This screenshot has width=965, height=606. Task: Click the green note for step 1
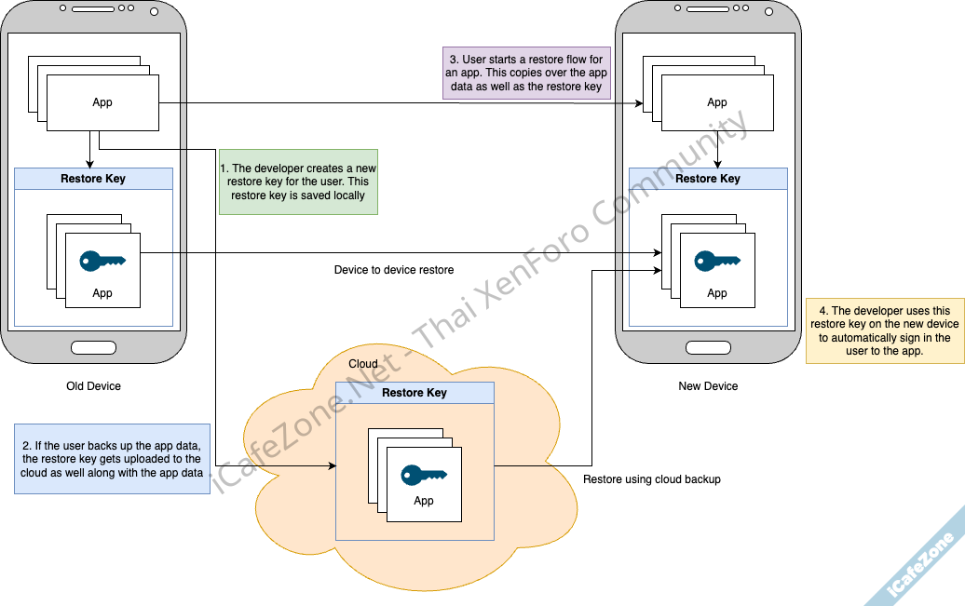tap(298, 182)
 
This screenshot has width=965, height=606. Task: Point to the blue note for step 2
tap(112, 459)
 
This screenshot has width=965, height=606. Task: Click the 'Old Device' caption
tap(93, 386)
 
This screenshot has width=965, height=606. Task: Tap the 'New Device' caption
tap(708, 386)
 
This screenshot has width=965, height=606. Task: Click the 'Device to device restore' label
tap(394, 270)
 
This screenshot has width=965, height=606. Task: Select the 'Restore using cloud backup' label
tap(652, 479)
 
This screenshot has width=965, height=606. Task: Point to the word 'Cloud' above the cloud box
tap(363, 364)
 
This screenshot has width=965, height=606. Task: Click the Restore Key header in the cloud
tap(415, 393)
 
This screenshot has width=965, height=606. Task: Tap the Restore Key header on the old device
tap(93, 179)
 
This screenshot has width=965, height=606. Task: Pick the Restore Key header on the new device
tap(708, 179)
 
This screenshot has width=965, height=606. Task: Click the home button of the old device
tap(93, 347)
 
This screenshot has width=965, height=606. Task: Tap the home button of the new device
tap(708, 347)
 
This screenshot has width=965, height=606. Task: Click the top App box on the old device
tap(102, 102)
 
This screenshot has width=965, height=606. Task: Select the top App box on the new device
tap(717, 102)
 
